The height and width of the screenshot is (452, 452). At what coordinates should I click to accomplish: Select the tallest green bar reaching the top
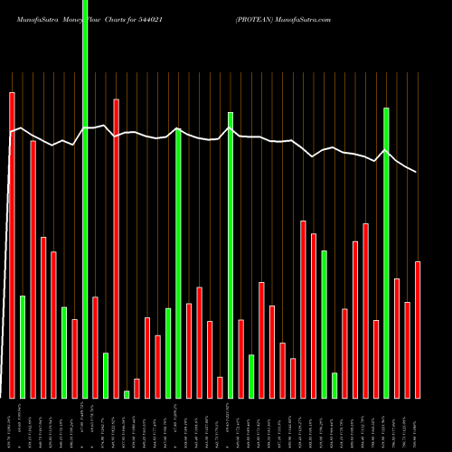tap(85, 199)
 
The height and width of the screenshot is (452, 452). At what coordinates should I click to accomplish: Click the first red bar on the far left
tap(12, 244)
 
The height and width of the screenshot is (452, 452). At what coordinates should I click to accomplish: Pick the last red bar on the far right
tap(418, 329)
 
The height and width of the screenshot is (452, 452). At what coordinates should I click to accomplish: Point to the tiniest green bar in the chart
tap(127, 394)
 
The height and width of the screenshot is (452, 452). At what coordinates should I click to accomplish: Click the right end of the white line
tap(417, 172)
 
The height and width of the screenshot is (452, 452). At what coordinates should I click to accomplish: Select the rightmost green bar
tap(386, 252)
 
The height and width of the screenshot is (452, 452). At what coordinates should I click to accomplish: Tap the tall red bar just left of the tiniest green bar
tap(116, 248)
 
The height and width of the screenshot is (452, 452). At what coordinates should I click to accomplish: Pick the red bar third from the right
tap(397, 338)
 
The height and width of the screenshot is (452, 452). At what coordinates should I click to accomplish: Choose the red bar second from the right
tap(407, 350)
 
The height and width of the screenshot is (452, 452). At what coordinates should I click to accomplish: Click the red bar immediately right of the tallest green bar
tap(95, 347)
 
